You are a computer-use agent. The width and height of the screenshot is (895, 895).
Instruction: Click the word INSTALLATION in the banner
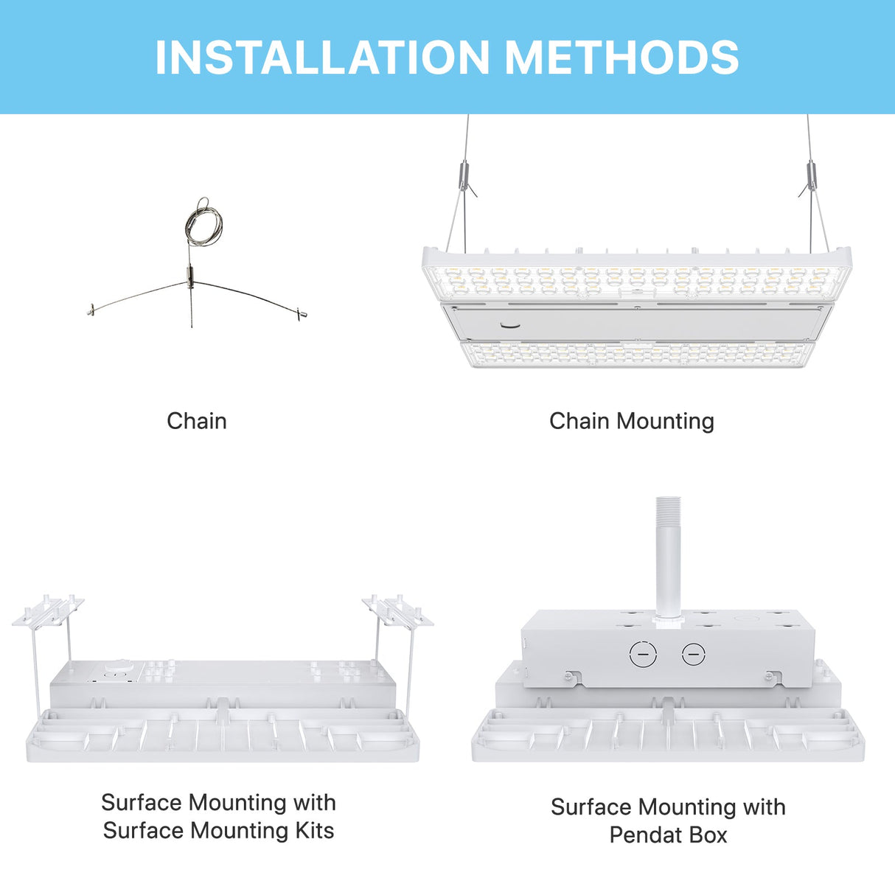pos(322,58)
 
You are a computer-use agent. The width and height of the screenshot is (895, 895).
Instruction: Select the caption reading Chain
pos(196,421)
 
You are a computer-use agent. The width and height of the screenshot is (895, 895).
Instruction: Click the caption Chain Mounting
pos(631,421)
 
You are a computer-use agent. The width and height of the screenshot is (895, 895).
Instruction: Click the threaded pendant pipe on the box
pos(667,560)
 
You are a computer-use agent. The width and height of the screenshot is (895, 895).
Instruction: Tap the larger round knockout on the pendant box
pos(643,654)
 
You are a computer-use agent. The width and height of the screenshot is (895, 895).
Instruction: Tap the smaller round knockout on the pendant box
pos(693,653)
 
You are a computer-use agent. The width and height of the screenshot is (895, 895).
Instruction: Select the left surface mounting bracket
pos(49,611)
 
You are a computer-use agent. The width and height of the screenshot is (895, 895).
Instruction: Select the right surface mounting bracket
pos(397,611)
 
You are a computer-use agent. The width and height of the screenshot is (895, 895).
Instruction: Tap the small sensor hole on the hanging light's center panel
pos(508,324)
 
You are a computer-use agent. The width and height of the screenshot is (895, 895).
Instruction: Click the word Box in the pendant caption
pos(708,835)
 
